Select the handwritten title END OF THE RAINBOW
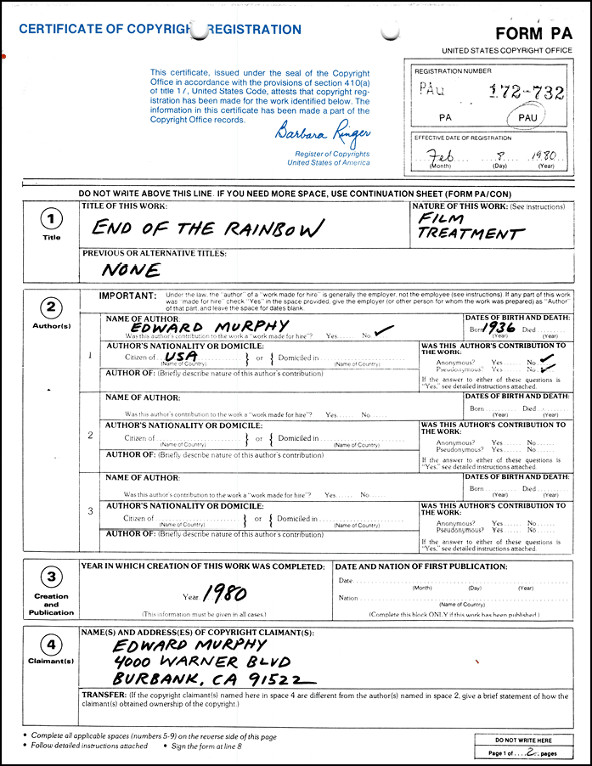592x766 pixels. [x=208, y=228]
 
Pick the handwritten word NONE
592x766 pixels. [x=131, y=271]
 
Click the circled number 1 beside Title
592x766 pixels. [x=51, y=219]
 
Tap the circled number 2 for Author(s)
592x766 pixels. [x=51, y=307]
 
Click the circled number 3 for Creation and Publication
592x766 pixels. [x=51, y=577]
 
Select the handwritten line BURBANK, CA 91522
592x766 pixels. [x=212, y=679]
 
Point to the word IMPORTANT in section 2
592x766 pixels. [x=127, y=296]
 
